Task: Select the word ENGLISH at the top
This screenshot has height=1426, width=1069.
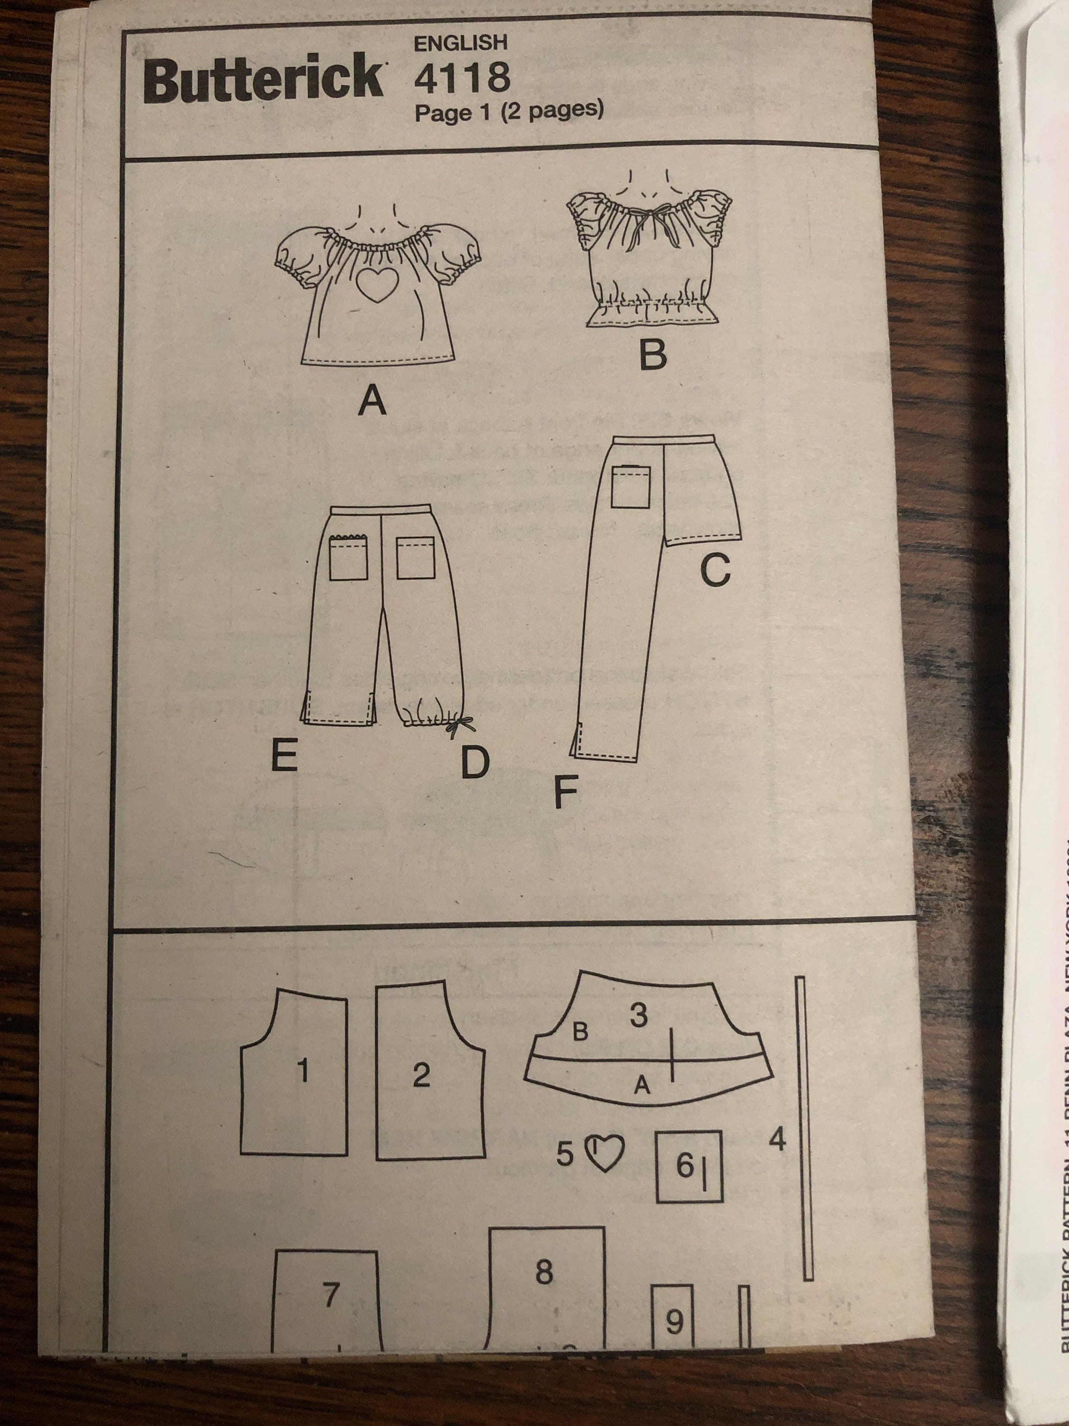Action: coord(460,43)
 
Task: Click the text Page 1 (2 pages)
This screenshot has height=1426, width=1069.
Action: coord(509,112)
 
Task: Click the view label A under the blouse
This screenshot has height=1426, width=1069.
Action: coord(372,403)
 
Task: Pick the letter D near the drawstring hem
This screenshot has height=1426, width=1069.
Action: coord(475,762)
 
